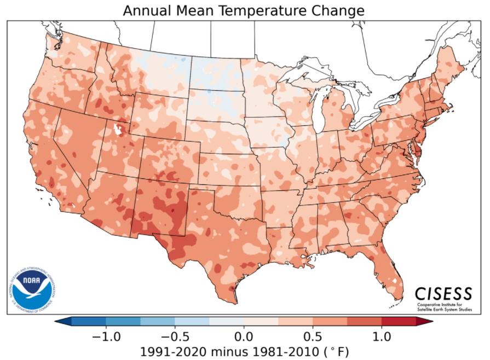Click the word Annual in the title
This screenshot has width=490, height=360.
click(145, 10)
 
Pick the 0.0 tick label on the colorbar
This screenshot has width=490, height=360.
click(244, 335)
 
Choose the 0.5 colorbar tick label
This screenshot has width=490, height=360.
click(313, 335)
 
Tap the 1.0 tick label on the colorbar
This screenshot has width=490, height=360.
click(382, 335)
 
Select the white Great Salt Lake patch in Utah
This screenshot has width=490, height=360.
click(117, 130)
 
